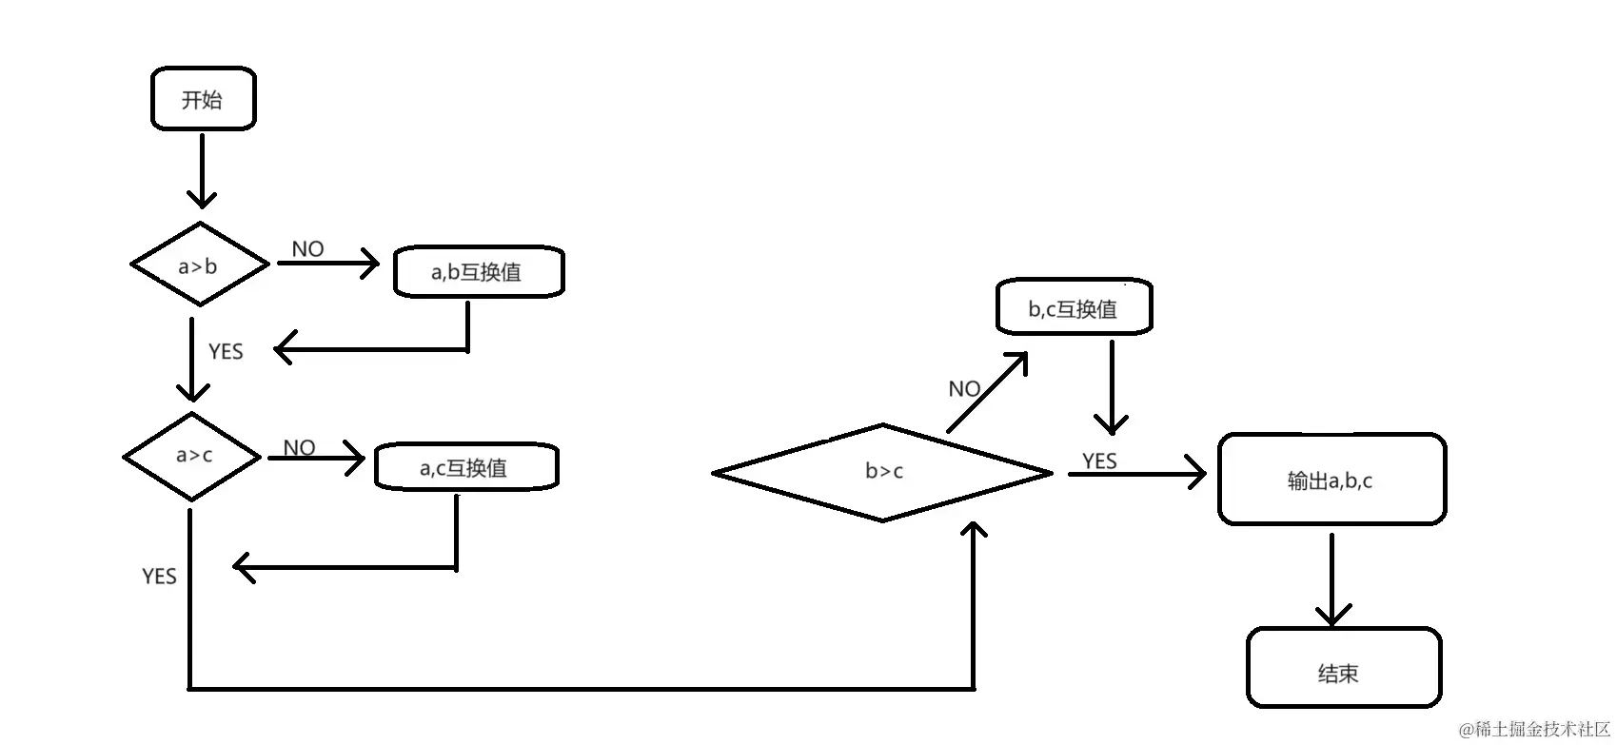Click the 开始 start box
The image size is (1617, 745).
click(203, 99)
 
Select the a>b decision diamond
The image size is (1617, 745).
click(199, 265)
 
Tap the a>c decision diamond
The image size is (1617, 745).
click(192, 456)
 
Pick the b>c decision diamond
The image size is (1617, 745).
click(882, 472)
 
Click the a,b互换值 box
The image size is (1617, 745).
click(479, 272)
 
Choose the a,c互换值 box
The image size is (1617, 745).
click(465, 467)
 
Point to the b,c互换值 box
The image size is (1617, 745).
click(1074, 308)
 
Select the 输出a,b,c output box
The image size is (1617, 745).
click(1331, 480)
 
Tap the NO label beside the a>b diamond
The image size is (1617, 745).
click(307, 248)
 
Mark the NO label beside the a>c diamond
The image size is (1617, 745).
click(299, 446)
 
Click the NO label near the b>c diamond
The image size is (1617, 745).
click(964, 388)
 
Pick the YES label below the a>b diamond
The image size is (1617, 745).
click(226, 351)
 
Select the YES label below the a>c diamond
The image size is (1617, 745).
click(159, 576)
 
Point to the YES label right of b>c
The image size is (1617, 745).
click(1099, 461)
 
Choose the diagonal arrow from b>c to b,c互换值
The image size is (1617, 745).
click(988, 392)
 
